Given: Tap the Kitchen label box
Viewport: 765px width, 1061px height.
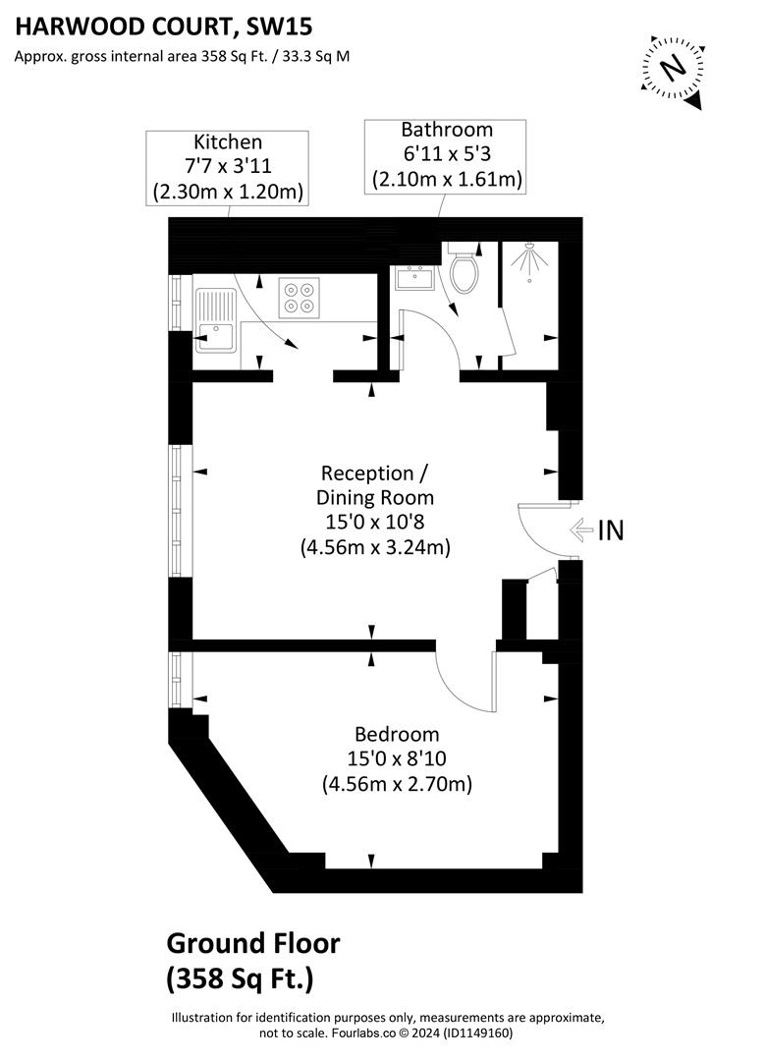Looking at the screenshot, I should pos(227,168).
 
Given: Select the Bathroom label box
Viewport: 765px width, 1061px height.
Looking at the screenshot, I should pos(446,155).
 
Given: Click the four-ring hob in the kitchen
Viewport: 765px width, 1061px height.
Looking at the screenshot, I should pos(300,298).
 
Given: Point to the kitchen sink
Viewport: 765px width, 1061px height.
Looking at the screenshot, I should pos(214,321).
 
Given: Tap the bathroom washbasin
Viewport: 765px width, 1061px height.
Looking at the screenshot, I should pos(418,279).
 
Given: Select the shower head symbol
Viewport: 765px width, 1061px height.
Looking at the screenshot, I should pos(532,262).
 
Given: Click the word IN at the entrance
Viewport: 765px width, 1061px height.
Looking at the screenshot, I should pos(611,530).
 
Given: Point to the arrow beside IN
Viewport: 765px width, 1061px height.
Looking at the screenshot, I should pos(580,530).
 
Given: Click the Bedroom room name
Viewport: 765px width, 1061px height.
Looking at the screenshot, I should pos(397,734).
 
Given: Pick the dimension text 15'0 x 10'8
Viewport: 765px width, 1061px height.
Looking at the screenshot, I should pos(375,523).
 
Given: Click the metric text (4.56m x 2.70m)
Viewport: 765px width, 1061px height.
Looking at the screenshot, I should pos(397,784).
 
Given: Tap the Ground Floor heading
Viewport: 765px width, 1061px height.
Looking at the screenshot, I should pos(253,944).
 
